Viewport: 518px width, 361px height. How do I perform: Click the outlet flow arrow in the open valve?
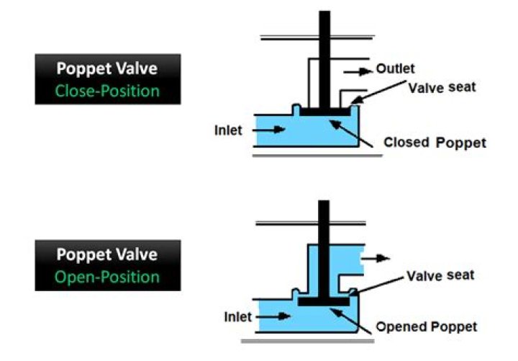point(376,256)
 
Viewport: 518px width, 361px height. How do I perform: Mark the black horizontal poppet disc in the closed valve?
point(324,112)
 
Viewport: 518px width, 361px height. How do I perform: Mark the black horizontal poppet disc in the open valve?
point(324,301)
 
